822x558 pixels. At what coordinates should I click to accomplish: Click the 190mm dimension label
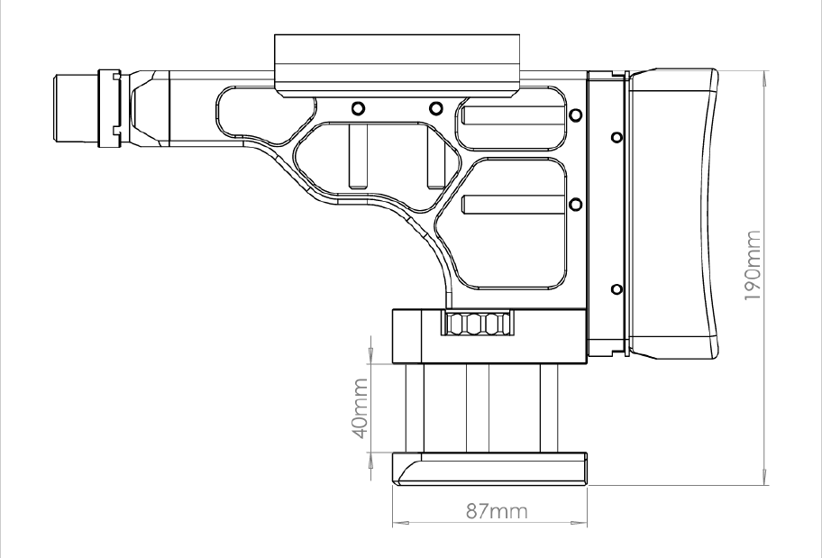(753, 265)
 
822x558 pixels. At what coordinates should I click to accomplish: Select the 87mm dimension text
(497, 511)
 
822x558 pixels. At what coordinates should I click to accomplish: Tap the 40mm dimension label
(360, 409)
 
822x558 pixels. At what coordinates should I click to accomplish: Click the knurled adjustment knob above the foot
(478, 323)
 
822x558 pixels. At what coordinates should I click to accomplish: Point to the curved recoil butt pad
(673, 214)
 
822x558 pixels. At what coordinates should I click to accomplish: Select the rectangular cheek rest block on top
(397, 66)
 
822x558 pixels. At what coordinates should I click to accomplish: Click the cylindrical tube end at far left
(76, 108)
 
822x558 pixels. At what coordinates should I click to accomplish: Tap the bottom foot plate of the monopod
(489, 469)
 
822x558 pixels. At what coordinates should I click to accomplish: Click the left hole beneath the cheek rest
(358, 108)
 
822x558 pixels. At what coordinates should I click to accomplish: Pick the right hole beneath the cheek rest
(435, 108)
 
